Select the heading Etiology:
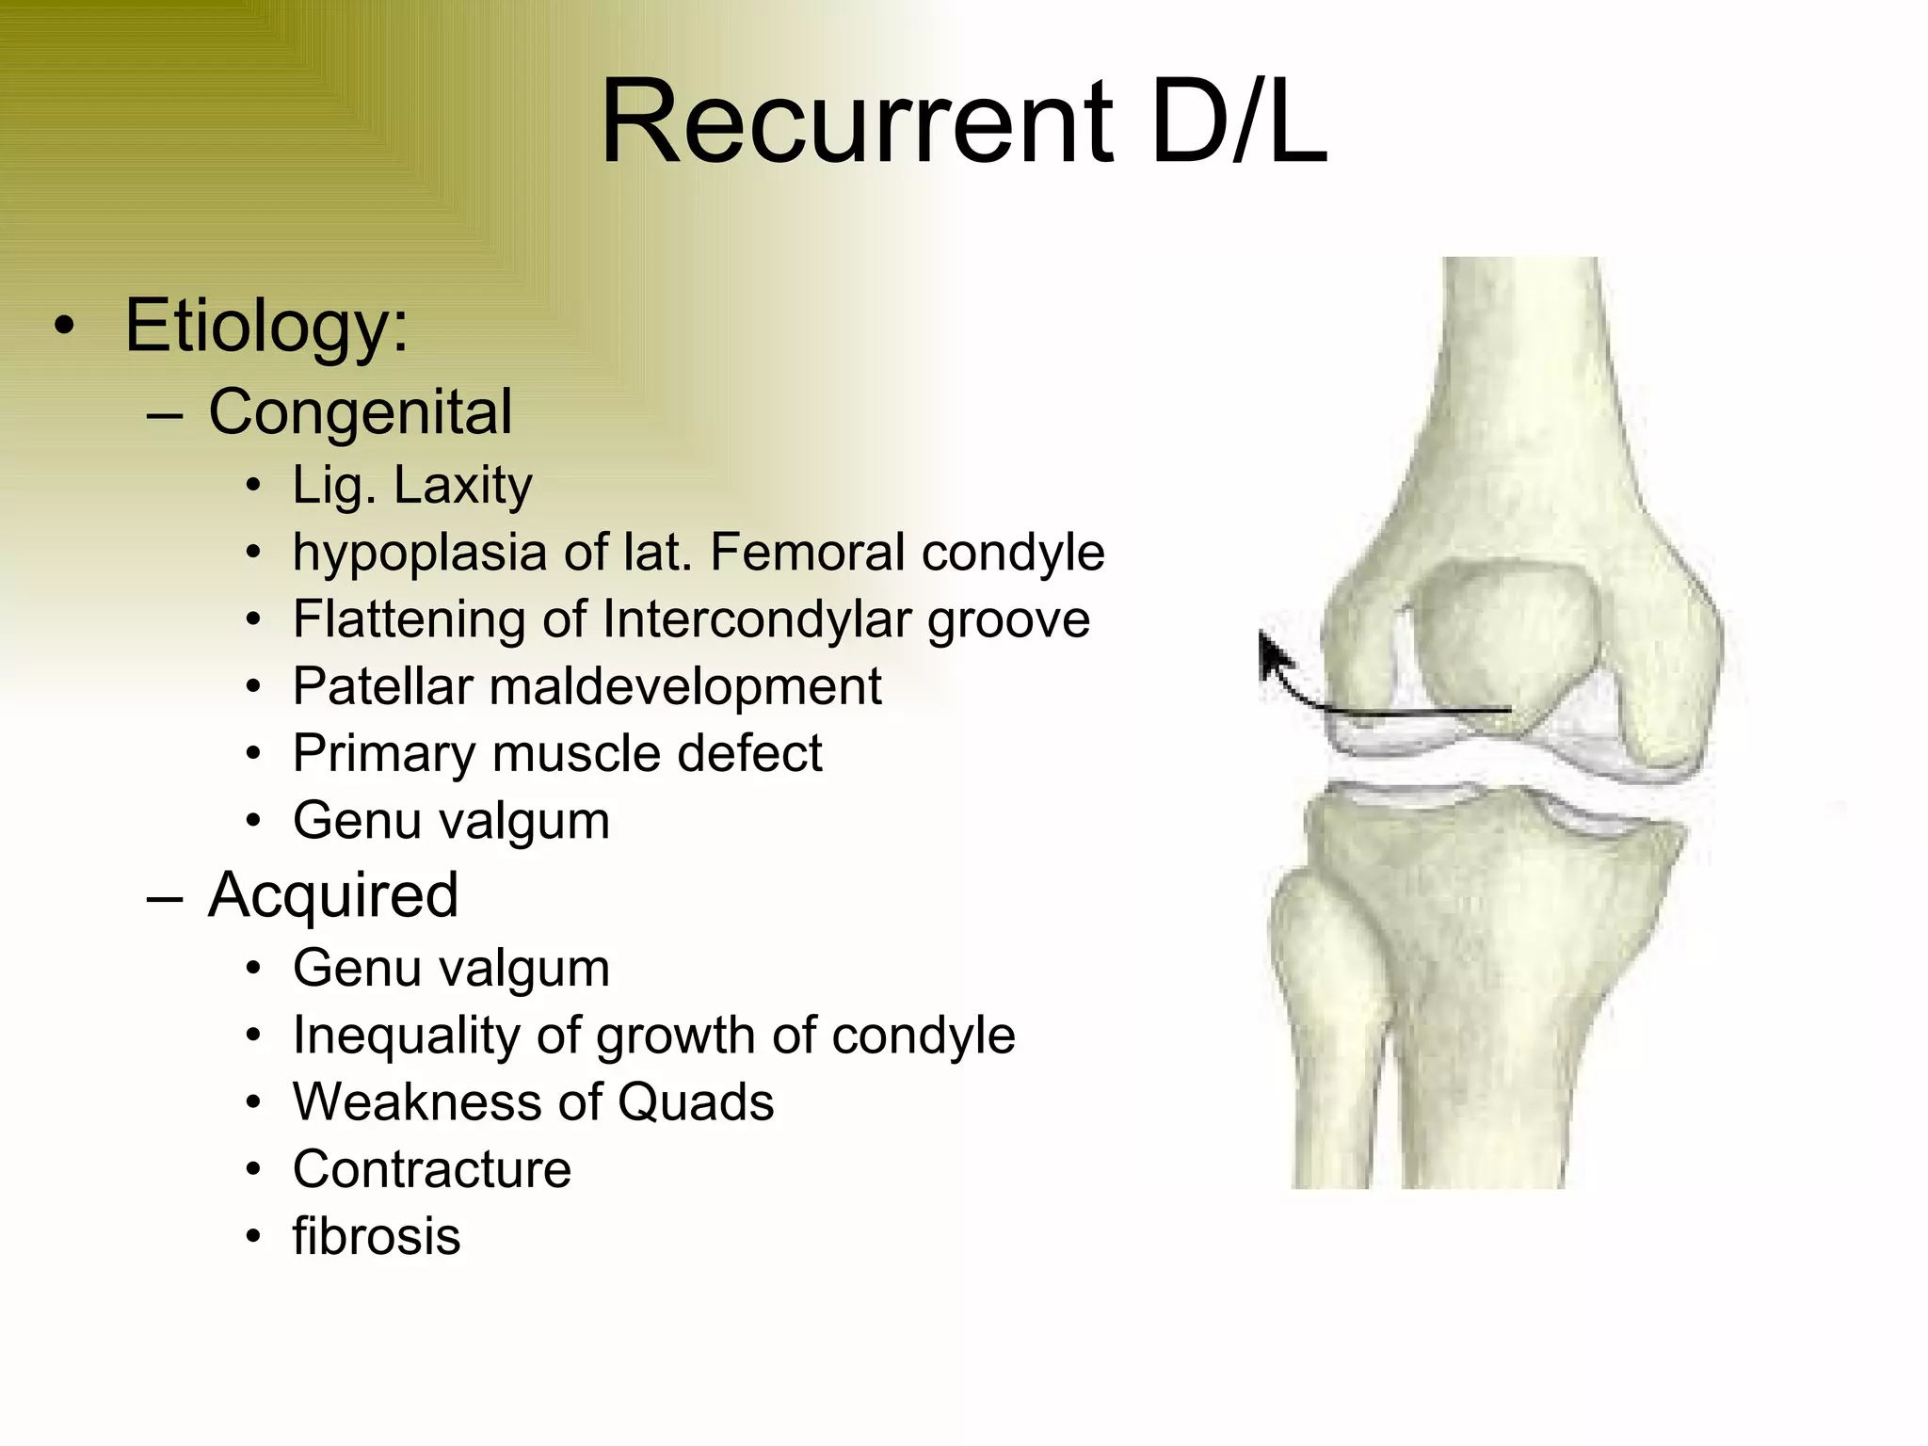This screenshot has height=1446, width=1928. point(266,326)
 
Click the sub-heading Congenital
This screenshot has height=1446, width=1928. point(360,412)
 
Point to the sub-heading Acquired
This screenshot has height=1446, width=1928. point(333,894)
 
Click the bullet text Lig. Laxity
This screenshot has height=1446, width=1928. point(412,486)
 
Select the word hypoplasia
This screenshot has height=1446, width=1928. point(419,554)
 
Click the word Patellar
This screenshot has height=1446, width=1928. point(382,686)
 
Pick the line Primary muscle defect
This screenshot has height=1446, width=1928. point(557,753)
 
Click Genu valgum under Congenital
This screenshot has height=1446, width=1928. point(451,821)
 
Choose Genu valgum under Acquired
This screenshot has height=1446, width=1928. point(451,969)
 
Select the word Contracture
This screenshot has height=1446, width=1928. point(432,1169)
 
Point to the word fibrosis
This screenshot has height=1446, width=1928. point(377,1236)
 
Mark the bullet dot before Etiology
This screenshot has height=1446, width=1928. point(64,326)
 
